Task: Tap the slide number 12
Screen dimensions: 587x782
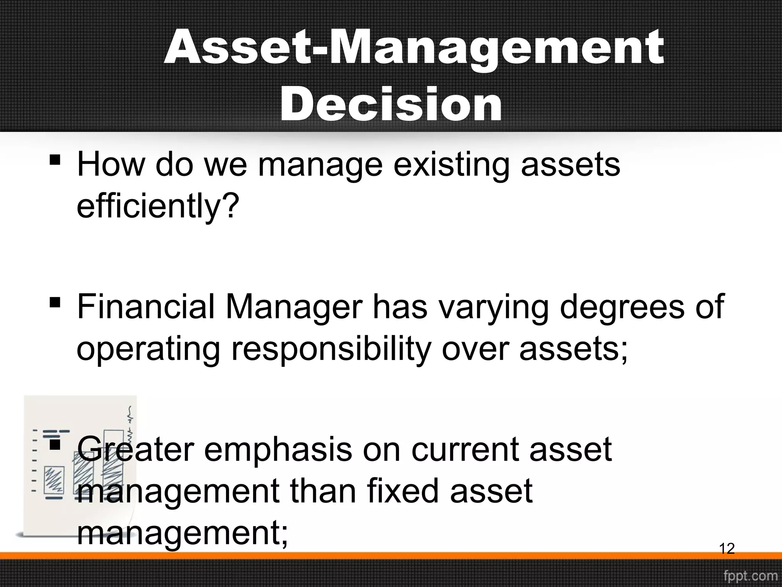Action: (x=727, y=549)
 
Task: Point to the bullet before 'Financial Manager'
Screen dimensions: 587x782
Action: (x=55, y=302)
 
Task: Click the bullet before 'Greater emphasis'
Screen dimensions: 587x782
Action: (x=55, y=444)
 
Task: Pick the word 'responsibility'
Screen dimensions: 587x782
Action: (x=331, y=350)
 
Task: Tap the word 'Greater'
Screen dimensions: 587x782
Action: (x=136, y=450)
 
